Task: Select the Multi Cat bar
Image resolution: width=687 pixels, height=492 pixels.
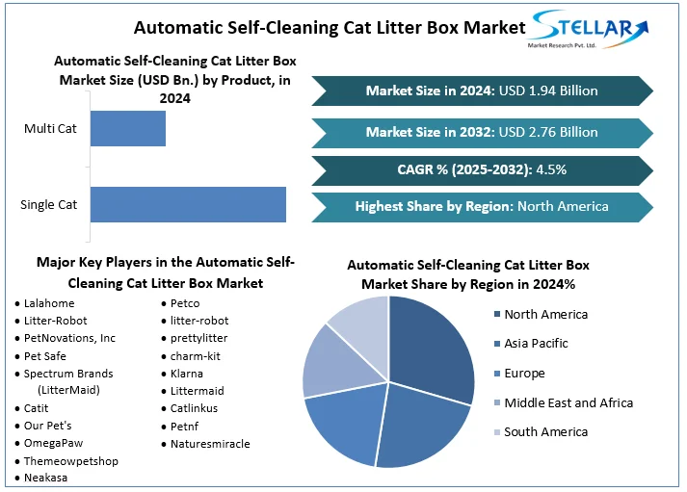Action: tap(128, 128)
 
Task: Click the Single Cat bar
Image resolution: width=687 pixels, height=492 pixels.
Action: tap(188, 204)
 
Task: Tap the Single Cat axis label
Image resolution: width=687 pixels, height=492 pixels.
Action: tap(48, 204)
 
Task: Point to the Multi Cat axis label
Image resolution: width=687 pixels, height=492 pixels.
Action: tap(50, 128)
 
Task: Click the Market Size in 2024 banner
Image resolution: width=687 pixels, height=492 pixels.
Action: tap(482, 91)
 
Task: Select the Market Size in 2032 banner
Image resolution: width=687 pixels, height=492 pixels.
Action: tap(482, 132)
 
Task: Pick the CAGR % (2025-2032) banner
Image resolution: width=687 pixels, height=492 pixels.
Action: tap(482, 169)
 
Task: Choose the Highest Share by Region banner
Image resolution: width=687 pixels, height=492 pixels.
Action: tap(482, 206)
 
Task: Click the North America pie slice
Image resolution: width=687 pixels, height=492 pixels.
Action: tap(434, 347)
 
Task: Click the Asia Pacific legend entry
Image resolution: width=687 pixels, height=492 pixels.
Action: tap(536, 344)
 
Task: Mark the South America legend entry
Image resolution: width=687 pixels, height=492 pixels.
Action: tap(545, 432)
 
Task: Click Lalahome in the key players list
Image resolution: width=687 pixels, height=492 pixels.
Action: tap(49, 303)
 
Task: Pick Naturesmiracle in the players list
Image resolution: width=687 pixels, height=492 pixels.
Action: tap(209, 444)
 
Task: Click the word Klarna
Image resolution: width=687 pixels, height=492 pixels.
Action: tap(189, 374)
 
